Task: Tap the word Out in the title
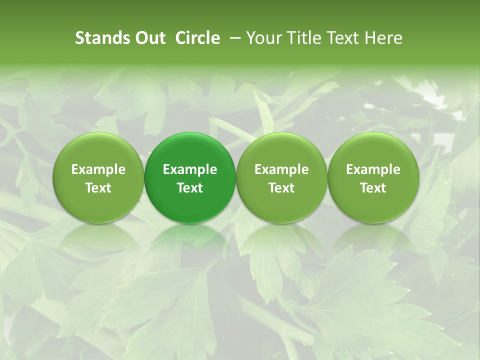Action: tap(149, 38)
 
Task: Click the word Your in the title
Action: tap(263, 38)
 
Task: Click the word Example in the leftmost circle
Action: tap(98, 169)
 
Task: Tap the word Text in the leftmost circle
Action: tap(98, 188)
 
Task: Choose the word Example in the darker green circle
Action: tap(190, 169)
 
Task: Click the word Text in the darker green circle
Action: tap(190, 188)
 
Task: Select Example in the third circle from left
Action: tap(281, 169)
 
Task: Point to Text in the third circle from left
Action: tap(281, 188)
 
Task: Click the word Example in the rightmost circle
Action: tap(373, 169)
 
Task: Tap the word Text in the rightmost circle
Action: tap(373, 188)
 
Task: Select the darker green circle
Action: tap(190, 150)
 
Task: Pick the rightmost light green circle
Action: tap(373, 150)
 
